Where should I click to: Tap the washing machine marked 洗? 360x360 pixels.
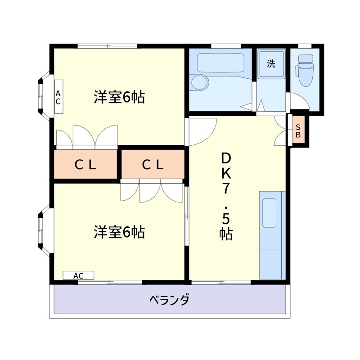point(271,64)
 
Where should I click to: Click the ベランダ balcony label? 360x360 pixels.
point(169,299)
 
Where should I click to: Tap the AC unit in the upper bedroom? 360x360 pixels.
point(58,97)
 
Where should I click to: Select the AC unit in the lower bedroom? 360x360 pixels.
point(78,275)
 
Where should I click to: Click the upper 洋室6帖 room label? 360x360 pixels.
point(119,97)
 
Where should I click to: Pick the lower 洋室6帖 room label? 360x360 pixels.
point(119,232)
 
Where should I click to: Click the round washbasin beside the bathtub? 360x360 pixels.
point(199,82)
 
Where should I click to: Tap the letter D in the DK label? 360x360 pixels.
point(226,158)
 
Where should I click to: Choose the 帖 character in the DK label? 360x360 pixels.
point(226,234)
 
